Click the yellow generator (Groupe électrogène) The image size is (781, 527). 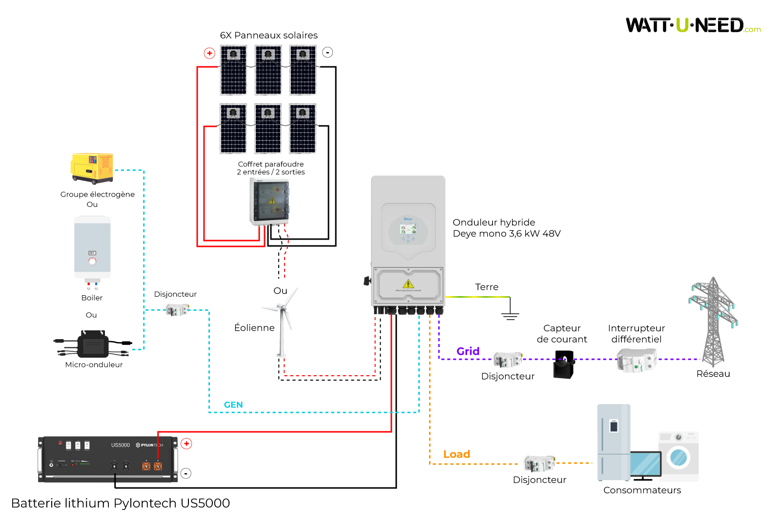click(x=92, y=168)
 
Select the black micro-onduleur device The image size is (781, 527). click(x=93, y=345)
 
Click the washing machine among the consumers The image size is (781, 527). click(x=678, y=456)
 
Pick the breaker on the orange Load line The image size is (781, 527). click(x=539, y=463)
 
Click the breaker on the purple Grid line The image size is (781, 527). click(x=508, y=360)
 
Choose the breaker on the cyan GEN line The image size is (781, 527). click(x=177, y=309)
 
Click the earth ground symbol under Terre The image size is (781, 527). click(x=510, y=312)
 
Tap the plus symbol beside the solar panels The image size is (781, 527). click(x=209, y=53)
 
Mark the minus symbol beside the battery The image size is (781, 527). click(x=186, y=473)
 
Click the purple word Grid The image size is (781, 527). click(x=468, y=351)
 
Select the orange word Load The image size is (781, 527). click(x=456, y=454)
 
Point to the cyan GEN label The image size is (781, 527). click(x=233, y=405)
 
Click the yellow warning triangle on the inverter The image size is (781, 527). click(x=408, y=284)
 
